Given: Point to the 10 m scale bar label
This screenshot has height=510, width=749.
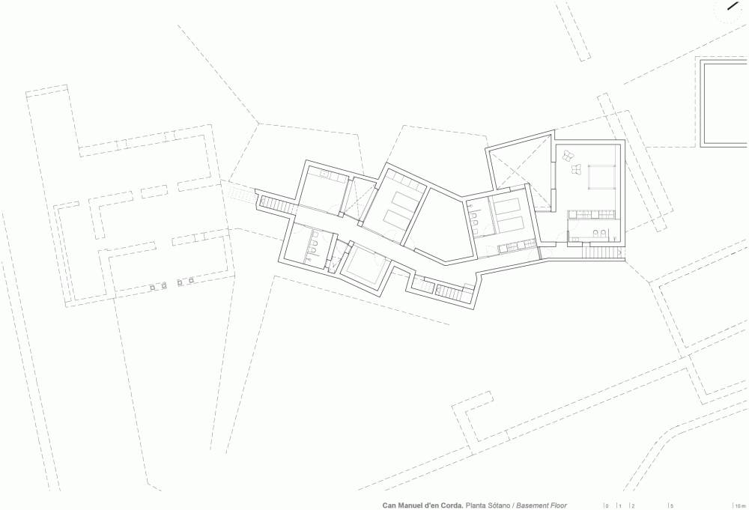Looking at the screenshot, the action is coord(740,506).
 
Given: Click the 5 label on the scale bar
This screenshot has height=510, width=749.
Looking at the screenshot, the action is coord(672,506).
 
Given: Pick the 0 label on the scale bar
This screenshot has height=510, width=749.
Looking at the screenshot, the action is coord(607,506).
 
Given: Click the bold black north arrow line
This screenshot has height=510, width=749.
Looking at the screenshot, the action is coord(733,6).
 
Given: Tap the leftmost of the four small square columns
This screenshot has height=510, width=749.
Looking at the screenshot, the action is coord(152,288).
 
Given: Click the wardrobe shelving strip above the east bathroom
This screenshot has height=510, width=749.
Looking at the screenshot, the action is coord(594,214).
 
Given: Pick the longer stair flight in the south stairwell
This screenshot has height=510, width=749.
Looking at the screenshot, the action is coord(449,290).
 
